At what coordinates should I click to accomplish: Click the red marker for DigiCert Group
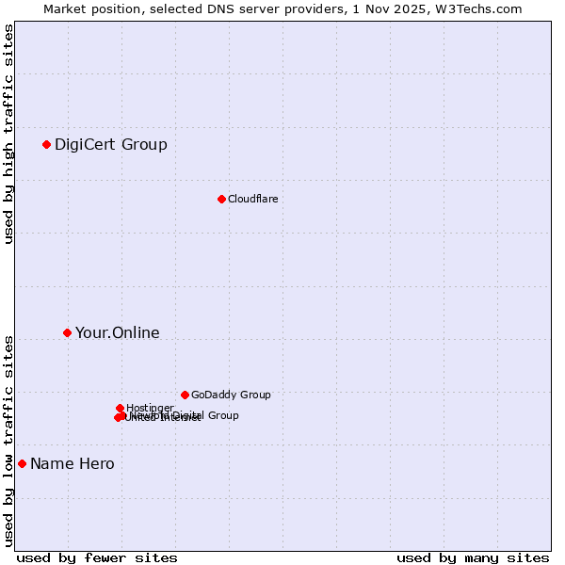pyautogui.click(x=46, y=144)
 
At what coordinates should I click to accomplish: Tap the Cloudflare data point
pyautogui.click(x=221, y=199)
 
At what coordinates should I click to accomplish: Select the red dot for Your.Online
pyautogui.click(x=67, y=332)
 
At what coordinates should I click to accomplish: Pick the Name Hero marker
pyautogui.click(x=22, y=463)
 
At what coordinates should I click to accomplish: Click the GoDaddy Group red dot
pyautogui.click(x=185, y=395)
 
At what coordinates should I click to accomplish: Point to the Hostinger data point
pyautogui.click(x=120, y=408)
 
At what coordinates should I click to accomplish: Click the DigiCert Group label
pyautogui.click(x=111, y=144)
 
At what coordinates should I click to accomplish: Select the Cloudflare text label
pyautogui.click(x=252, y=199)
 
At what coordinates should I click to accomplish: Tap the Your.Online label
pyautogui.click(x=118, y=332)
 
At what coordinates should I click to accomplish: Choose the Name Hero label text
pyautogui.click(x=73, y=463)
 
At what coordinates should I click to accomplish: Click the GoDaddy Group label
pyautogui.click(x=231, y=395)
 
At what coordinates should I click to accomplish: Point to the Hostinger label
pyautogui.click(x=150, y=408)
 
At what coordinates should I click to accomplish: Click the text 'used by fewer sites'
pyautogui.click(x=97, y=557)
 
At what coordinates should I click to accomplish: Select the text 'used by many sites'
pyautogui.click(x=473, y=557)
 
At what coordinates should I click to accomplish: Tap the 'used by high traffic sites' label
pyautogui.click(x=9, y=134)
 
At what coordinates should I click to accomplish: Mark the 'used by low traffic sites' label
pyautogui.click(x=9, y=440)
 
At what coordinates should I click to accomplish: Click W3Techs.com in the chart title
pyautogui.click(x=483, y=8)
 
